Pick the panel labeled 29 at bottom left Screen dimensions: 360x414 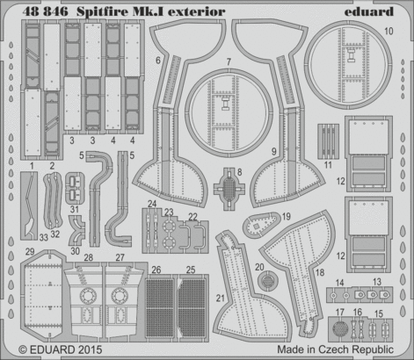tap(39, 299)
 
